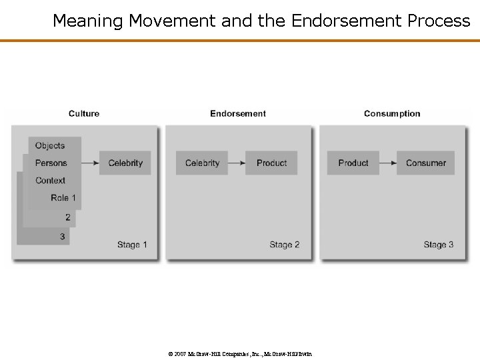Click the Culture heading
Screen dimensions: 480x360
(84, 113)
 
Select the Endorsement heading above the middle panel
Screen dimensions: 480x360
(238, 113)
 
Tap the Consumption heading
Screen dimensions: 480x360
(392, 113)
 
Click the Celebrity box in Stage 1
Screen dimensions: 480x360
(125, 163)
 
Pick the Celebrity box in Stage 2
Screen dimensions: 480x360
(202, 163)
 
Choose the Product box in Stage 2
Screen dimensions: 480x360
(271, 163)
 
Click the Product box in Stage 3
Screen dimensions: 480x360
(353, 163)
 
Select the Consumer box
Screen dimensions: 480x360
(425, 163)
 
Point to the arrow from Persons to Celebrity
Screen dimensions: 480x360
(90, 163)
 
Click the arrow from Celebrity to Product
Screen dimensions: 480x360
(237, 163)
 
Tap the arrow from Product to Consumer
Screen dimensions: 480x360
(388, 163)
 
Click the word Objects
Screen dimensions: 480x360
(50, 145)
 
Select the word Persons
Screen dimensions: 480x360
(51, 163)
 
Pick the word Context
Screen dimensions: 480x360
(51, 180)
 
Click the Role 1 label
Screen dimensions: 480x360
(63, 197)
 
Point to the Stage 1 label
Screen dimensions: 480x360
(132, 245)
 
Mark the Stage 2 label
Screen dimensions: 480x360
(285, 245)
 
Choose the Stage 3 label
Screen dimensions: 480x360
(439, 245)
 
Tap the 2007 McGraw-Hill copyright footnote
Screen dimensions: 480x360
(240, 353)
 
